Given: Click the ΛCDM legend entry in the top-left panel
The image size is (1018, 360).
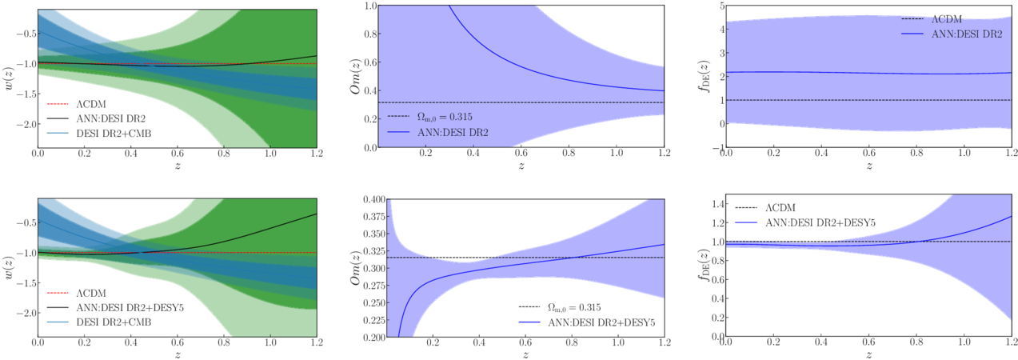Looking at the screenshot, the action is click(91, 104).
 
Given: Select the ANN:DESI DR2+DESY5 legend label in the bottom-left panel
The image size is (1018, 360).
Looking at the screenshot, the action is click(130, 308).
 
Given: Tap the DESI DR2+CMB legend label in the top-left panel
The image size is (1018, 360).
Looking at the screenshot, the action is click(114, 133).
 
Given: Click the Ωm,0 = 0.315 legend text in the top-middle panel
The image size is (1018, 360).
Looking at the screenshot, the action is click(445, 118).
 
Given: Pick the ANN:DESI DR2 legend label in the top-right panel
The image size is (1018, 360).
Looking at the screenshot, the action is click(967, 34).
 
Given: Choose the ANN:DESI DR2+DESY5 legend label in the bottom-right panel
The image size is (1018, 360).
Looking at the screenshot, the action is click(820, 222).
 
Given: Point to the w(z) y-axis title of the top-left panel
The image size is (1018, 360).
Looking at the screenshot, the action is click(10, 78).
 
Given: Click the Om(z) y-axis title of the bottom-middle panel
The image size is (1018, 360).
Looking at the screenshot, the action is click(355, 268).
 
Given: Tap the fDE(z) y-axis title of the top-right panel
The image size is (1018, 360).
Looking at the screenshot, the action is click(704, 76).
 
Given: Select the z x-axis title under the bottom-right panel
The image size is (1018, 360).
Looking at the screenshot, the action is click(869, 354).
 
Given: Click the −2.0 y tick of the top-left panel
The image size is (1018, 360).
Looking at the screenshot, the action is click(26, 124).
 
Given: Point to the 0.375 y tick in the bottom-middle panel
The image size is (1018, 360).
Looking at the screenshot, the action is click(374, 216).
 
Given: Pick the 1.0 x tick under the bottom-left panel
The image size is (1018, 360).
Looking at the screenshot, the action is click(270, 342).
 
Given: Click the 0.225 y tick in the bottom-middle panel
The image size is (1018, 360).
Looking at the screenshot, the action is click(374, 320).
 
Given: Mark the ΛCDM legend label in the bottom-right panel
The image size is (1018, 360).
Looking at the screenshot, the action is click(780, 208).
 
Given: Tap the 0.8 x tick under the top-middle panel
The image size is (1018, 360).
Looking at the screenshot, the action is click(569, 153).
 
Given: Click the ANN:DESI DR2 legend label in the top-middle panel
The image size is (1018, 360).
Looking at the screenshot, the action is click(453, 133).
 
